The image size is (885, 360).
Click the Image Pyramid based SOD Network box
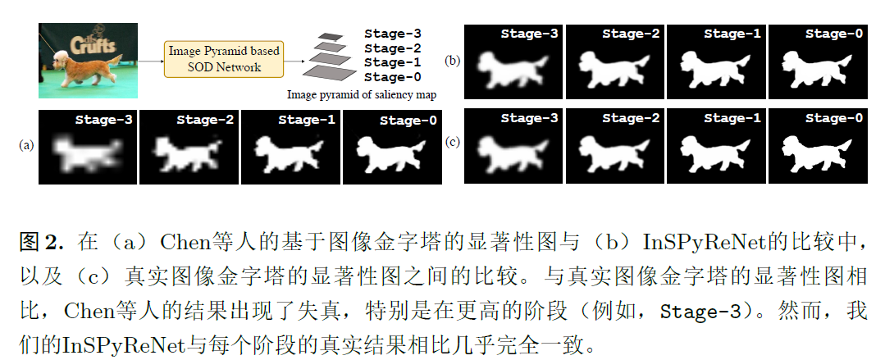click(224, 59)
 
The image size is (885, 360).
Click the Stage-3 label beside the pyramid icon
click(393, 34)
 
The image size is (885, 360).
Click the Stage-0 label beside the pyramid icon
click(393, 77)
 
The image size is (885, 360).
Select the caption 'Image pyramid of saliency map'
click(361, 94)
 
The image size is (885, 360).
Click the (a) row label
click(26, 146)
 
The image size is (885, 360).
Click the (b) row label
click(453, 61)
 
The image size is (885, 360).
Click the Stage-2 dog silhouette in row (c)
click(614, 153)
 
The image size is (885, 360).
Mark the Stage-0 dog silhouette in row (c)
click(816, 153)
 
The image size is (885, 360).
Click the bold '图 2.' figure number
click(40, 244)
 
